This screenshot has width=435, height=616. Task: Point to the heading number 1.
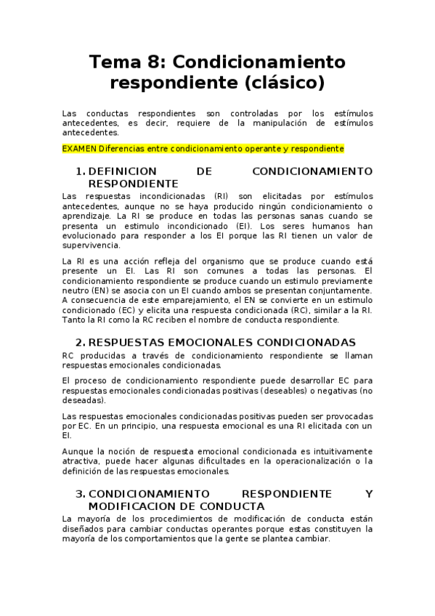[79, 171]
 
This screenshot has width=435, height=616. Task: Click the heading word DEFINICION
[123, 171]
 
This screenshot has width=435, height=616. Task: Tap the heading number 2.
[80, 342]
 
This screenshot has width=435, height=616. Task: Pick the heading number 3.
[80, 494]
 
